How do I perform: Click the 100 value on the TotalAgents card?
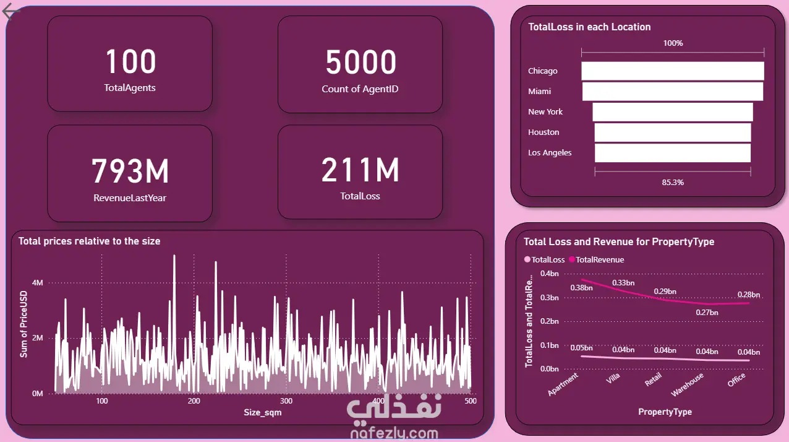pos(130,62)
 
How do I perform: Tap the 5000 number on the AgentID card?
pos(360,62)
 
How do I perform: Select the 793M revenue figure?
pos(130,171)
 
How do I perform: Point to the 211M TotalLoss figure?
pos(360,171)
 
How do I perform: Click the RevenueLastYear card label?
pos(130,198)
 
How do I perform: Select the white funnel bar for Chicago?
pos(672,71)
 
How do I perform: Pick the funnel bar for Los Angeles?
pos(672,153)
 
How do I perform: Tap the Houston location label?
pos(544,132)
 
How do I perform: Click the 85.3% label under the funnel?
pos(672,183)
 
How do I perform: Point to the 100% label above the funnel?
pos(673,43)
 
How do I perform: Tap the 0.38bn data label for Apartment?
pos(581,288)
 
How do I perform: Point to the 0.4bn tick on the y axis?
pos(549,274)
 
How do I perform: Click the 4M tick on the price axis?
pos(38,283)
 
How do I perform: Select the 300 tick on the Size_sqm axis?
pos(286,401)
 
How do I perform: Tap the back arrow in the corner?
pos(12,12)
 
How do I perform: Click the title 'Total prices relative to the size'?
pos(89,241)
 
